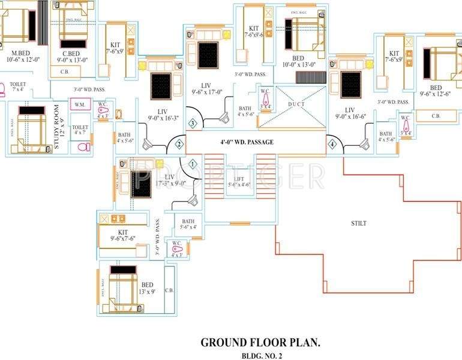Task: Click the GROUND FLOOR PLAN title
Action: (260, 343)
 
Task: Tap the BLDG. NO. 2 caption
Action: (260, 356)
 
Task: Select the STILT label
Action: (359, 223)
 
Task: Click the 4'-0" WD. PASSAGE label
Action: (247, 142)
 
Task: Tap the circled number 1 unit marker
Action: (193, 163)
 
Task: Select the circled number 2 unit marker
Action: (178, 144)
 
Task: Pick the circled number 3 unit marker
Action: (193, 124)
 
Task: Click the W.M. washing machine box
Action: (79, 105)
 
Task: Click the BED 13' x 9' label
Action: (148, 289)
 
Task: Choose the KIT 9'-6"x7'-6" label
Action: (123, 235)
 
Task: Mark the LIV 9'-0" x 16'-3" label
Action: (162, 115)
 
